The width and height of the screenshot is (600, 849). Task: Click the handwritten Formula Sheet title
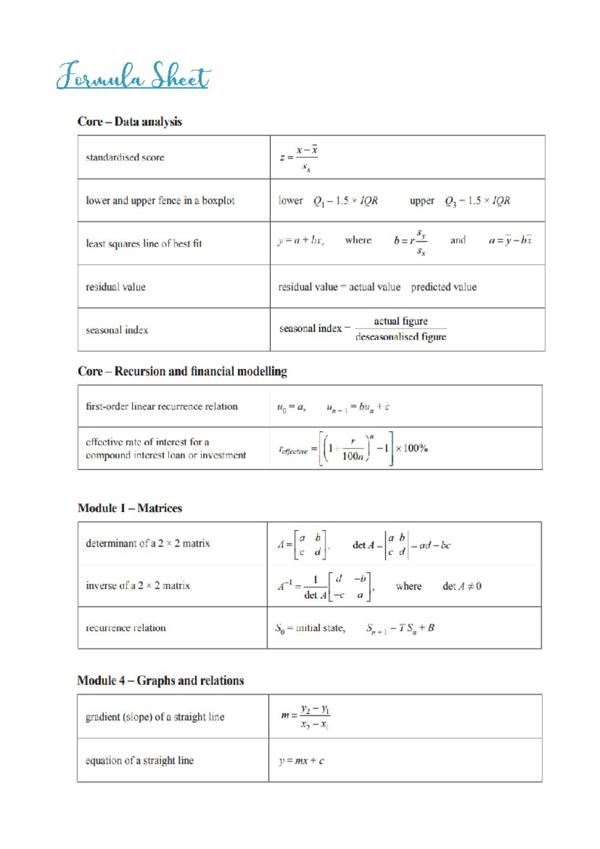[x=133, y=77]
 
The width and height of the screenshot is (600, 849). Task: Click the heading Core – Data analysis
[x=129, y=122]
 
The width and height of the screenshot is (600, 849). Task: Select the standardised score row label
[x=125, y=158]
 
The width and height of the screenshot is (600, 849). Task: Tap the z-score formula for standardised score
[x=299, y=158]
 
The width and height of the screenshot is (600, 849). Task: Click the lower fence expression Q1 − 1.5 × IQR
[x=345, y=201]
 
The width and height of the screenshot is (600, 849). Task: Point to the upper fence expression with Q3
[x=477, y=201]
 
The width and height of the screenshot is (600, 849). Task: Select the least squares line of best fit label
[x=143, y=244]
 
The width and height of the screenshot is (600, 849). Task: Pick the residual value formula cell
[x=377, y=287]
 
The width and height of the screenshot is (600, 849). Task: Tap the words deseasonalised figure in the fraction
[x=400, y=337]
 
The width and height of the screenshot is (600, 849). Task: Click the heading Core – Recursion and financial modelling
[x=182, y=371]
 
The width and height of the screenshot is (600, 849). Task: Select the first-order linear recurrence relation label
[x=161, y=406]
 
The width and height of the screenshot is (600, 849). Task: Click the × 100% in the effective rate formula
[x=412, y=448]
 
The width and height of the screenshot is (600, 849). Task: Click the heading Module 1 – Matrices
[x=129, y=508]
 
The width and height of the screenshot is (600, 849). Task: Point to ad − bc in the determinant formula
[x=434, y=545]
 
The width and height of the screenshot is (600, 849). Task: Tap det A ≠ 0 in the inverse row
[x=461, y=586]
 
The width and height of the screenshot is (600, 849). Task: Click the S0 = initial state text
[x=310, y=628]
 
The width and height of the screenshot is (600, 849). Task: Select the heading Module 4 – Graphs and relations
[x=160, y=681]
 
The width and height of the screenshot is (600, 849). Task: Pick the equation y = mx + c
[x=301, y=761]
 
